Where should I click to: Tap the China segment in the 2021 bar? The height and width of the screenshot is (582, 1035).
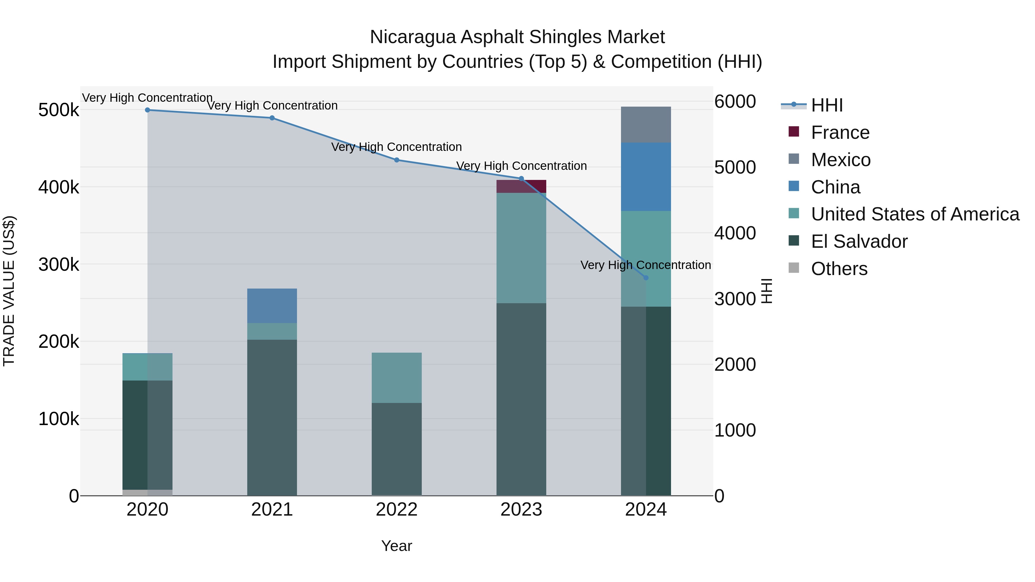point(272,306)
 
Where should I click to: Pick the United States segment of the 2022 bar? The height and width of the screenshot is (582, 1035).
point(396,378)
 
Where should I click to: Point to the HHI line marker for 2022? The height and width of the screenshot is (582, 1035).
point(396,160)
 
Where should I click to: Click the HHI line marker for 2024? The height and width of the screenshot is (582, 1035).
point(646,278)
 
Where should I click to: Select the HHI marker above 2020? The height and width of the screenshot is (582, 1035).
point(147,110)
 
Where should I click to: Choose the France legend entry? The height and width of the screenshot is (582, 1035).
point(840,132)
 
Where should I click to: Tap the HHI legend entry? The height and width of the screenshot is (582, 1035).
point(827,105)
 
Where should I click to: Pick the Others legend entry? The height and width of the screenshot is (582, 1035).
point(839,269)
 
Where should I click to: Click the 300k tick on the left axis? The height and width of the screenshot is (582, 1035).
point(59,264)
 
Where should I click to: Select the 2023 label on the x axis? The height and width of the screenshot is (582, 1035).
point(521,510)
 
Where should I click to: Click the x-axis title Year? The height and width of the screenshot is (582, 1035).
point(396,546)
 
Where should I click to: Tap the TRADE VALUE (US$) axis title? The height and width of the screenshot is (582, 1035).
point(9,291)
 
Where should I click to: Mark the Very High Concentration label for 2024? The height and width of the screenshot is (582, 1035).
point(646,265)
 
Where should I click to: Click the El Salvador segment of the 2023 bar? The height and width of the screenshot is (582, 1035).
point(521,399)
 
